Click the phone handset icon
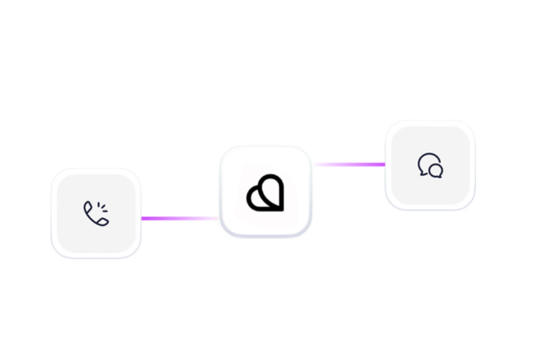pyautogui.click(x=94, y=214)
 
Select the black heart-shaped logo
pyautogui.click(x=265, y=192)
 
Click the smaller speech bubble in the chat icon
pyautogui.click(x=437, y=170)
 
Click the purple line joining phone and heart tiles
pyautogui.click(x=180, y=219)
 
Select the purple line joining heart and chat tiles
pyautogui.click(x=348, y=165)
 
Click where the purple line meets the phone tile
pyautogui.click(x=143, y=219)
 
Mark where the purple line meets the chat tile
pyautogui.click(x=384, y=165)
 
